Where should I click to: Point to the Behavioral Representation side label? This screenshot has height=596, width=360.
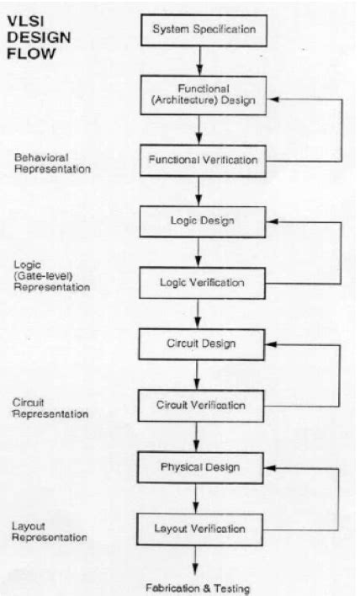pos(51,163)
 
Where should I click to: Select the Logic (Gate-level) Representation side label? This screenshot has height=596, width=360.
pos(50,274)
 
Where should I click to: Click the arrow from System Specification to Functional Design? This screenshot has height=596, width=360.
pos(199,61)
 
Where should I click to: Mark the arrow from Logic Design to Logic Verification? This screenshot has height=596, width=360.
pos(199,252)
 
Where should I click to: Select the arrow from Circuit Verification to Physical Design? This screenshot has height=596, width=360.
pos(199,436)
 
